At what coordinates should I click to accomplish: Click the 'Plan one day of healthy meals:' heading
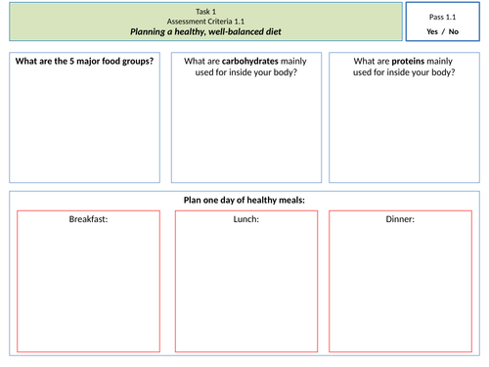[x=244, y=201]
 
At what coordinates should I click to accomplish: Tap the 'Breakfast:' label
[x=88, y=219]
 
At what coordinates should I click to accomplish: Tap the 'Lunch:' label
[x=245, y=219]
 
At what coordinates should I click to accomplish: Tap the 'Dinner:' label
[x=401, y=219]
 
